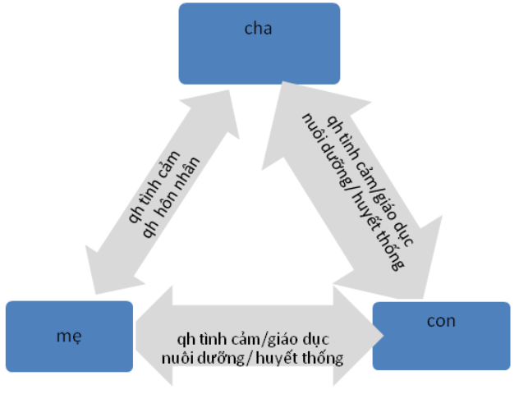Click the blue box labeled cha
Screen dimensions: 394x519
pos(259,43)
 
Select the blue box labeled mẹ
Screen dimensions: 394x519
pos(69,336)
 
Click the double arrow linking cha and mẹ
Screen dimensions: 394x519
pos(164,194)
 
